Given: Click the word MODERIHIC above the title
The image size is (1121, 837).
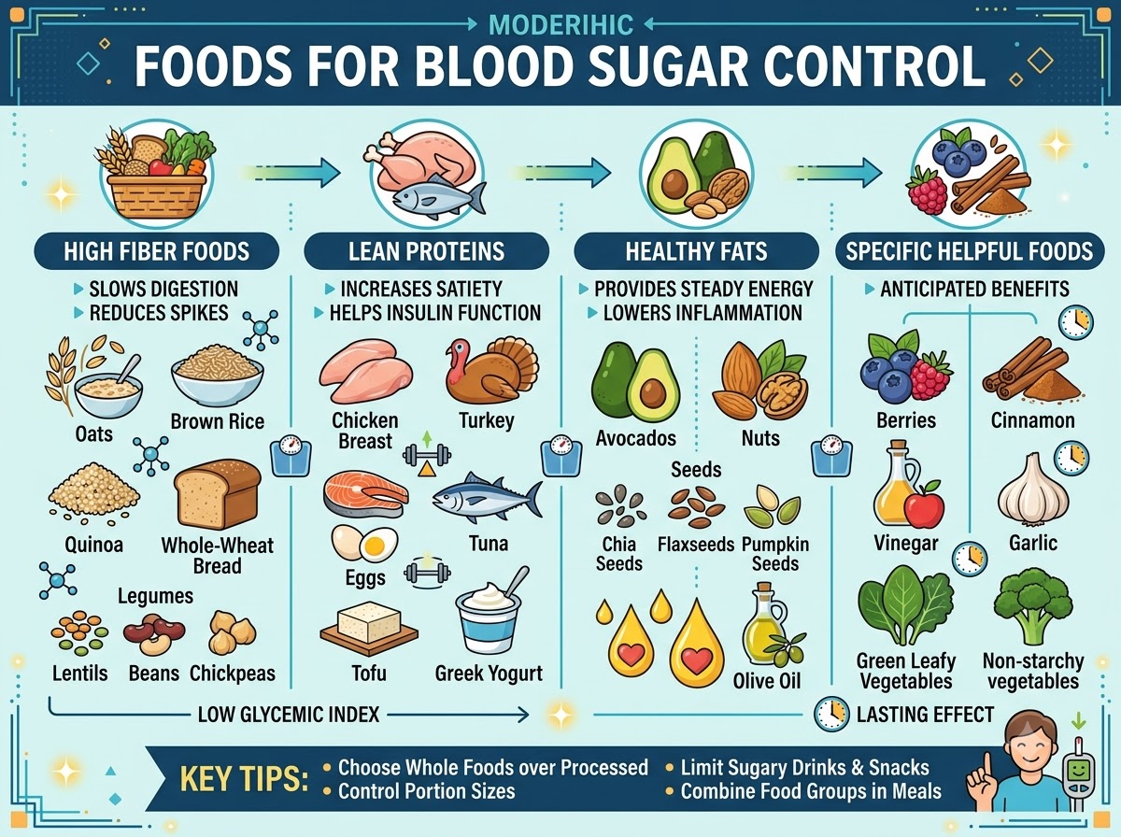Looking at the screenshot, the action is tap(560, 25).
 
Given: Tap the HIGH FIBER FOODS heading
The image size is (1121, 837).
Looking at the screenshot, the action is tap(156, 251).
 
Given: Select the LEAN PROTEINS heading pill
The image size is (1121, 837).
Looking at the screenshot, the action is tap(426, 251).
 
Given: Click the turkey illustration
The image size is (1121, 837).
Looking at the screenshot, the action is tap(491, 371).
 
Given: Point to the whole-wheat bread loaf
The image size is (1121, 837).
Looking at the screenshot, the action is tap(218, 493).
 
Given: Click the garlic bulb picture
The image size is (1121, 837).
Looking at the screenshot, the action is tap(1033, 489).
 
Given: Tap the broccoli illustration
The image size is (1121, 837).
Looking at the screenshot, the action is tap(1033, 609).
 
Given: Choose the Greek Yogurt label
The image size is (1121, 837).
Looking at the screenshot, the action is tap(489, 674).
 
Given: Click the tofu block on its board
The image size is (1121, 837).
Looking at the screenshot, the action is tap(369, 628).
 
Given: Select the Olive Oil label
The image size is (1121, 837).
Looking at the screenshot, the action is tap(767, 681).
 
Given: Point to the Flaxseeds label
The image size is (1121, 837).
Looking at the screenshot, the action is tap(696, 545).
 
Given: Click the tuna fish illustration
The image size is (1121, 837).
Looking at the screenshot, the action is tap(487, 498).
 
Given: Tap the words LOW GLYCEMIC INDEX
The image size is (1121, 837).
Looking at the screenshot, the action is tap(289, 715).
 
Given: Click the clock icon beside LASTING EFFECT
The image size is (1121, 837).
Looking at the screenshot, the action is tap(831, 714).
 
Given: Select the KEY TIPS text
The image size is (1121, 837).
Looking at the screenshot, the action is tap(244, 779).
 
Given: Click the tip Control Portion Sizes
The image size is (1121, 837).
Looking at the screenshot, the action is tap(426, 791).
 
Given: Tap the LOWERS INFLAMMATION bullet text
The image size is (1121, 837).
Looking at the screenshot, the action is tap(702, 313).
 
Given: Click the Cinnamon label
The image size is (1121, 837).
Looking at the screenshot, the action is tap(1032, 420).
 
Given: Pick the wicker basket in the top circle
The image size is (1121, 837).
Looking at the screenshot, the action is tap(157, 195).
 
